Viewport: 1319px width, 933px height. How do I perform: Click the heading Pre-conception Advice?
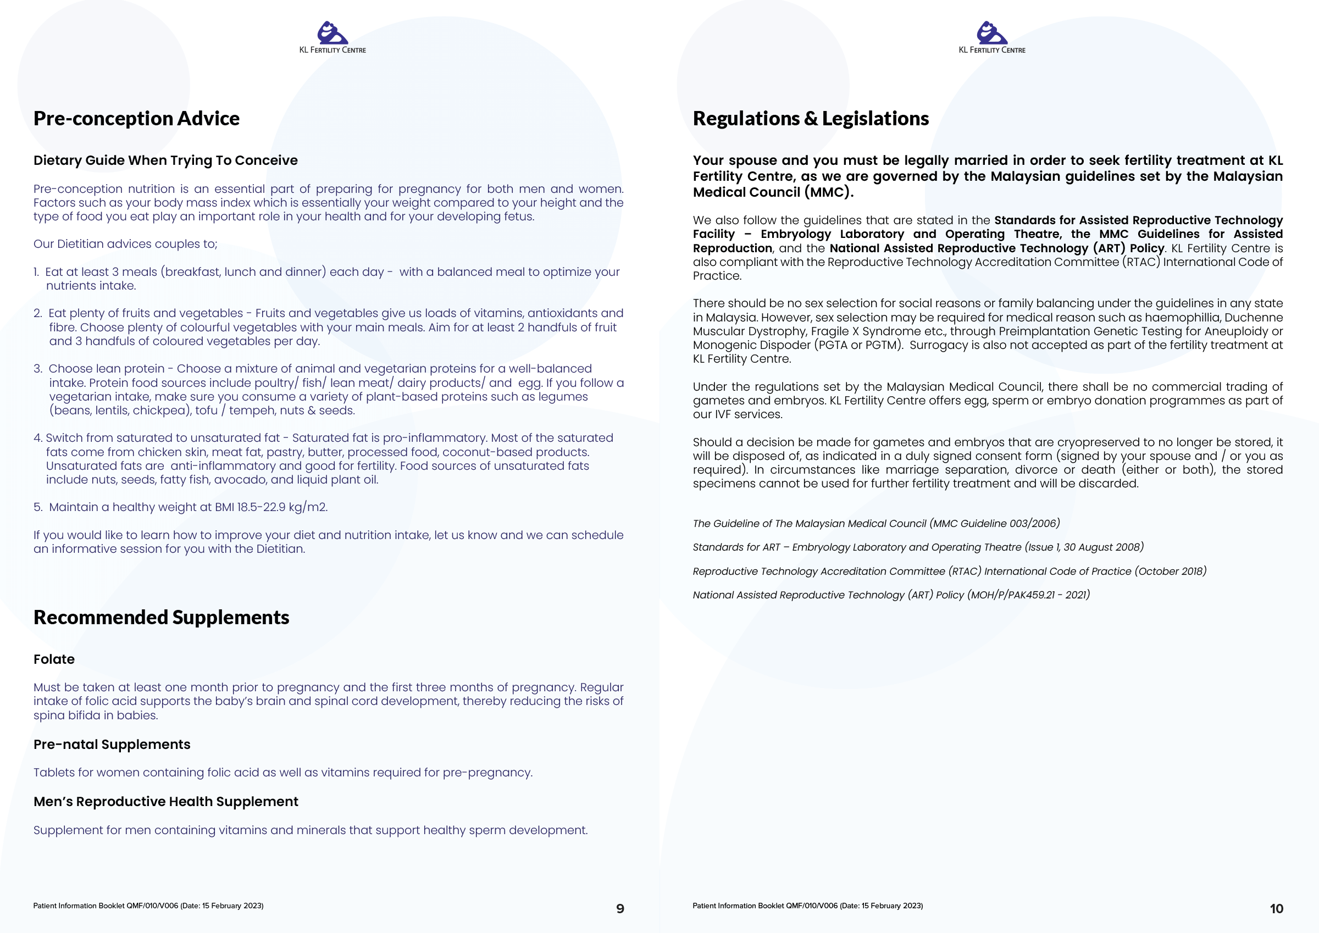point(136,118)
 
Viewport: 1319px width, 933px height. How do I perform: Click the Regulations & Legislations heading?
point(810,118)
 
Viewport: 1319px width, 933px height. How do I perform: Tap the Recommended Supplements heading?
point(161,617)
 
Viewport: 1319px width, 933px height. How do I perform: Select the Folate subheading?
point(54,659)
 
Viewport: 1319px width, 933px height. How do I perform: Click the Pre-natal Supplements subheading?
point(112,744)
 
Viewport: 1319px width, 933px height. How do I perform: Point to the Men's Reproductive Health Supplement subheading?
point(165,802)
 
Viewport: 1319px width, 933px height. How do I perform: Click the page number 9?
point(620,908)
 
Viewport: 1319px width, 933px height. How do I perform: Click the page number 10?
point(1276,908)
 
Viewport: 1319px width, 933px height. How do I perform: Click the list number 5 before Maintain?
point(37,507)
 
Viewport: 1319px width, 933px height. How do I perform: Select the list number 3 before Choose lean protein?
point(37,369)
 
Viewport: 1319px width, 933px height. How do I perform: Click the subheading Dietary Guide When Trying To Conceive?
point(165,160)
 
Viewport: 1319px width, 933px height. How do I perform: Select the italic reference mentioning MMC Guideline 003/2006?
point(876,524)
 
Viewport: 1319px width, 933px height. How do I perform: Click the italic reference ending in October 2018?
point(949,571)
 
